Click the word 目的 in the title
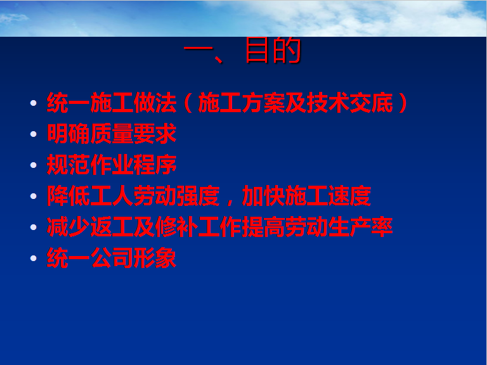coord(273,49)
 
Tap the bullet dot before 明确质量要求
coord(34,134)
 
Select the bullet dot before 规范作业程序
coord(34,165)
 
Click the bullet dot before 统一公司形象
coord(34,259)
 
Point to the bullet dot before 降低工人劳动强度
coord(34,196)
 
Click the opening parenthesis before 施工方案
coord(188,103)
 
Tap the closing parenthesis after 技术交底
coord(403,103)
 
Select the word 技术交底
coord(350,103)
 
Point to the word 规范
coord(68,165)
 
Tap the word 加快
coord(263,196)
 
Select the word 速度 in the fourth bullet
coord(350,196)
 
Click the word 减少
coord(68,227)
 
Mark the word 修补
coord(176,227)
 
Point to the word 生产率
coord(361,227)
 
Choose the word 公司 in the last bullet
coord(112,258)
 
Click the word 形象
coord(155,258)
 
